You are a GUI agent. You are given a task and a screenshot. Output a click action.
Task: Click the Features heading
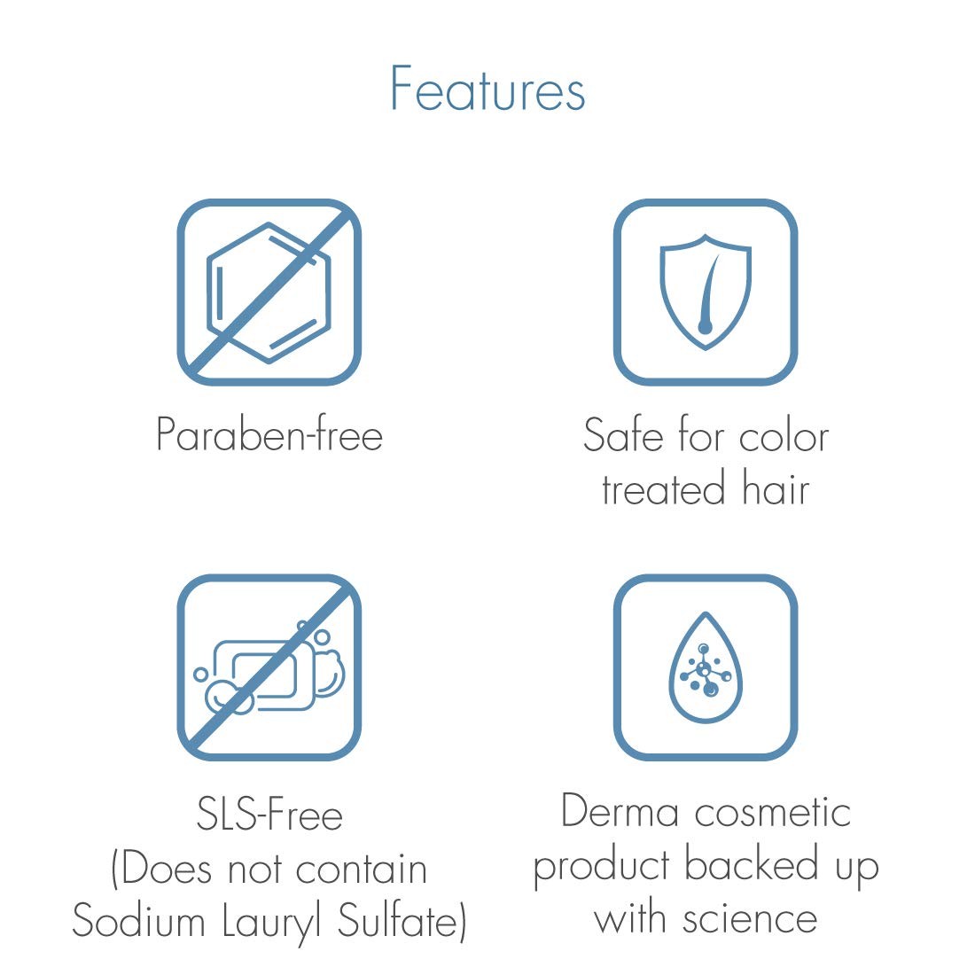pos(487,89)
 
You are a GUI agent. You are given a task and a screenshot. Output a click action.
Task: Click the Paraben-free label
pos(269,434)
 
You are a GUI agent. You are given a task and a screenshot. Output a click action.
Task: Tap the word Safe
pos(624,434)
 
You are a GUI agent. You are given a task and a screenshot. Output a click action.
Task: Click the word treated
pos(664,488)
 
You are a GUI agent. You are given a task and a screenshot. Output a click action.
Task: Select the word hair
pos(776,487)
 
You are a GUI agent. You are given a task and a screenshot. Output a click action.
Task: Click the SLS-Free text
pos(269,814)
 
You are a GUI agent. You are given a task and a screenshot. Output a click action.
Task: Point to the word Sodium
pos(138,921)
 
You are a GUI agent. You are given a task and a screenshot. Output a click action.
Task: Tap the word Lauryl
pos(272,923)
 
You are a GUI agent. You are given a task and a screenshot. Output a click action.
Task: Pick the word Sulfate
pos(398,921)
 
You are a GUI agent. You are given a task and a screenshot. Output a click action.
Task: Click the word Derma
pos(620,810)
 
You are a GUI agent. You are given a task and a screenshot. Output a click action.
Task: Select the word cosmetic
pos(773,810)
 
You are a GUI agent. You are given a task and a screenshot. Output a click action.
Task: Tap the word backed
pos(751,863)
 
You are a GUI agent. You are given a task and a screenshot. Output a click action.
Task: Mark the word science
pos(749,917)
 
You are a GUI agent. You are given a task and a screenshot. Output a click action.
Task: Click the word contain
pos(362,869)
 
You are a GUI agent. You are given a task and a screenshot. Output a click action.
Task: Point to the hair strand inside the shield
pos(707,293)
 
